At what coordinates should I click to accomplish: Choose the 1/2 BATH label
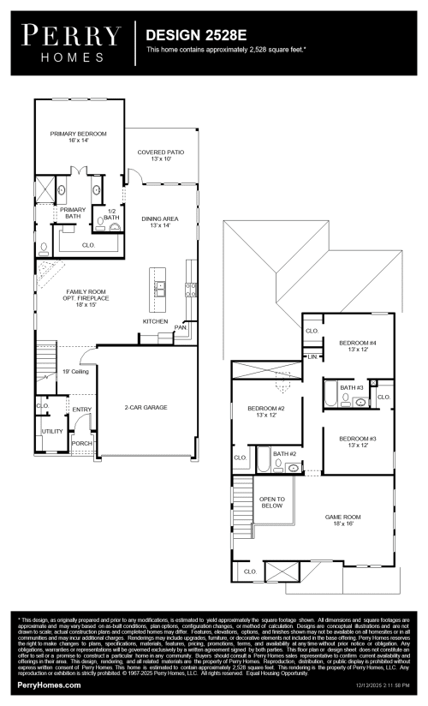(111, 214)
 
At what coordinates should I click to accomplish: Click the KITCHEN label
(155, 321)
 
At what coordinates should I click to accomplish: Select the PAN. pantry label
(181, 326)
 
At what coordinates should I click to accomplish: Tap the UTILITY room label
(52, 432)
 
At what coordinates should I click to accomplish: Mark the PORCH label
(82, 443)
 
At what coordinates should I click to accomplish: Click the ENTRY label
(82, 410)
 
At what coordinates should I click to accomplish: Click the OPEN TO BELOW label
(272, 502)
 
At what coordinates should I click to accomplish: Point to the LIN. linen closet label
(312, 356)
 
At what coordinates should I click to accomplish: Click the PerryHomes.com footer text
(49, 685)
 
